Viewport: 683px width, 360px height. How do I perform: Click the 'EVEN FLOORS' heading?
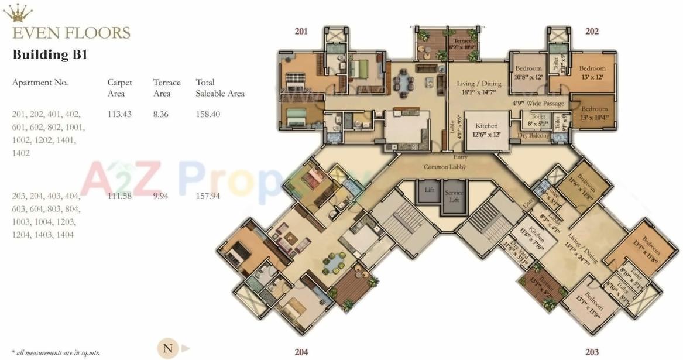coord(71,32)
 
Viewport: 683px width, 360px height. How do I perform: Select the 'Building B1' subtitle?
coord(50,55)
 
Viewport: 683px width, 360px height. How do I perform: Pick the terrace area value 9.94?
coord(161,196)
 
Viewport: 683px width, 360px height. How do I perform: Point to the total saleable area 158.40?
coord(208,114)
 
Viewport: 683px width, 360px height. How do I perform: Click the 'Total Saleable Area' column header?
coord(219,88)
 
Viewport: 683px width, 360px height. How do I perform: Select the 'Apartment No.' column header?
coord(40,83)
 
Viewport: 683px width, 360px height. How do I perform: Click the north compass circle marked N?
coord(168,349)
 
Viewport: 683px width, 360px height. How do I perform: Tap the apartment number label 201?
coord(301,31)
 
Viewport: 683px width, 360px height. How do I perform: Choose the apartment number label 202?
coord(592,31)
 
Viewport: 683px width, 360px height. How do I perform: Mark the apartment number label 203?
coord(592,352)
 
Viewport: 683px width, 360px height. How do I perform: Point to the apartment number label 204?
coord(301,352)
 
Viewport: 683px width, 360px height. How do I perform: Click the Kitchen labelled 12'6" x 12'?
coord(486,130)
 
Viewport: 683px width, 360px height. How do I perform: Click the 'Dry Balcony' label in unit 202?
coord(533,136)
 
